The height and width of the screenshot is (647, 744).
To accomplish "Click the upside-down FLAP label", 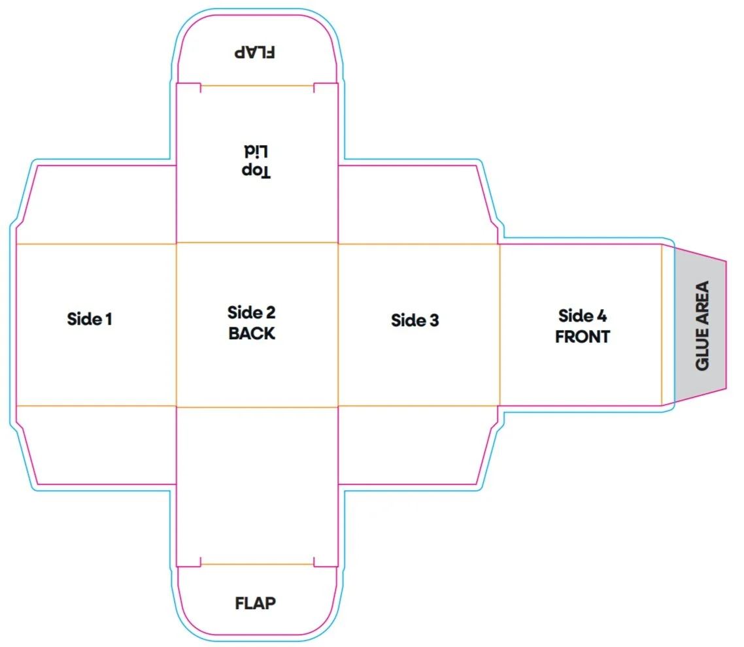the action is tap(255, 52).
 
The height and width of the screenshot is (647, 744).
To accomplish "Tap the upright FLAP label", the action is tap(255, 603).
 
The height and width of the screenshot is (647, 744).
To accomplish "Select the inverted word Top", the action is tap(256, 171).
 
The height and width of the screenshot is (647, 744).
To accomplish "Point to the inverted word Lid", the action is tap(256, 152).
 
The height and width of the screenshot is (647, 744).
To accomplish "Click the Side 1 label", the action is tap(89, 319).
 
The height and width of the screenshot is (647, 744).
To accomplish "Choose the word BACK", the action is tap(252, 333).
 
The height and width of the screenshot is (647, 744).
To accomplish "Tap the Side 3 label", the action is tap(414, 320).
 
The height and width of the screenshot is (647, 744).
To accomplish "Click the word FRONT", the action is tap(583, 337).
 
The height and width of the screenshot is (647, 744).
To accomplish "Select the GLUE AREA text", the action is tap(702, 325).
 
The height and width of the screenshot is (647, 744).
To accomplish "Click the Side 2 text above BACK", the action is tap(252, 312).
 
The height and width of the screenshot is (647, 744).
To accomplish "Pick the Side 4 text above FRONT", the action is tap(583, 316).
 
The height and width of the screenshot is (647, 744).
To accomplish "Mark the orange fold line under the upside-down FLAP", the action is tap(257, 86).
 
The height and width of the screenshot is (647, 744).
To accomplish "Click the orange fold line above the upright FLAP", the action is tap(257, 564).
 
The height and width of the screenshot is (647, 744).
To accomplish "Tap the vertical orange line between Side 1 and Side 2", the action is tap(177, 325).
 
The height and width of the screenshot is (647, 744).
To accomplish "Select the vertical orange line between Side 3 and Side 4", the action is tap(499, 325).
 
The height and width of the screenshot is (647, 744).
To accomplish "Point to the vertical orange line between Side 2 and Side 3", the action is tap(338, 325).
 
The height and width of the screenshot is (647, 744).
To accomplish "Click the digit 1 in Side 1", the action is tap(109, 319).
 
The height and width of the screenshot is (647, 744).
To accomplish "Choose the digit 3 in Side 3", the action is tap(434, 321).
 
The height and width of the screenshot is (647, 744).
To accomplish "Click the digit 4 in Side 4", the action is tap(601, 316).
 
